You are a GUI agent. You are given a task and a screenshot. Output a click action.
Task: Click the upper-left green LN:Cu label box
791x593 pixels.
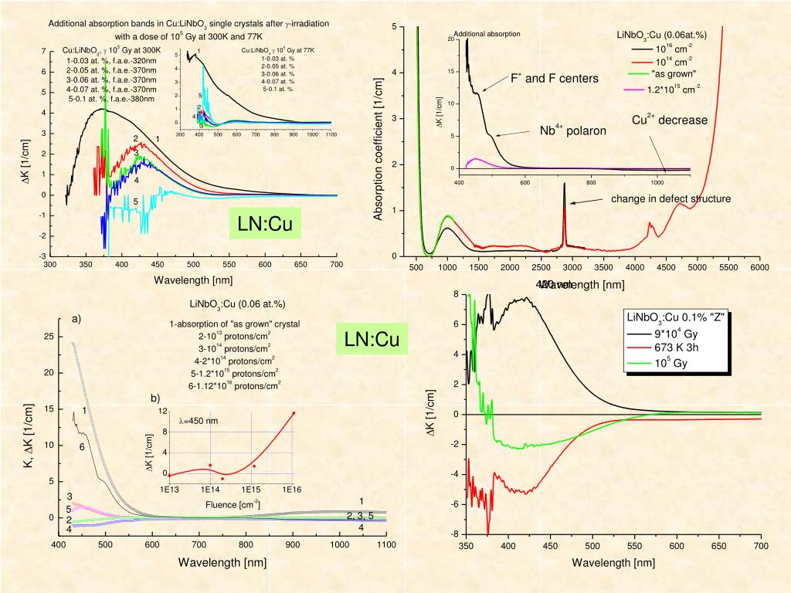click(265, 225)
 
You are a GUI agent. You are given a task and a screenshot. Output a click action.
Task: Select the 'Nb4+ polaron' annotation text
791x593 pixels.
click(572, 130)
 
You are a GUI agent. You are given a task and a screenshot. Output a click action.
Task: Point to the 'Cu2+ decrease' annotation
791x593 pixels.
click(670, 120)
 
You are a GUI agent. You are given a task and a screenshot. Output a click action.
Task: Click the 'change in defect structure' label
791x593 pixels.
click(670, 199)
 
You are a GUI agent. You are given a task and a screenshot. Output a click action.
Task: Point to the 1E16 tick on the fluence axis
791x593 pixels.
click(292, 490)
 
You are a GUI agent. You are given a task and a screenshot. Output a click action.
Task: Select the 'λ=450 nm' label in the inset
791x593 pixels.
click(199, 421)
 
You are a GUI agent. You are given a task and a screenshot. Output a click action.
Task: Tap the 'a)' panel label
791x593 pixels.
click(76, 319)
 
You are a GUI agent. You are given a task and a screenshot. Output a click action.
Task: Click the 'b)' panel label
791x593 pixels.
click(155, 398)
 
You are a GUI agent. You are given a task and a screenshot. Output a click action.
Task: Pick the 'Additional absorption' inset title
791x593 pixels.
click(487, 34)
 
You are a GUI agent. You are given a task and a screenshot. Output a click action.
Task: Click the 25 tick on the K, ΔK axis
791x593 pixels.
click(49, 337)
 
